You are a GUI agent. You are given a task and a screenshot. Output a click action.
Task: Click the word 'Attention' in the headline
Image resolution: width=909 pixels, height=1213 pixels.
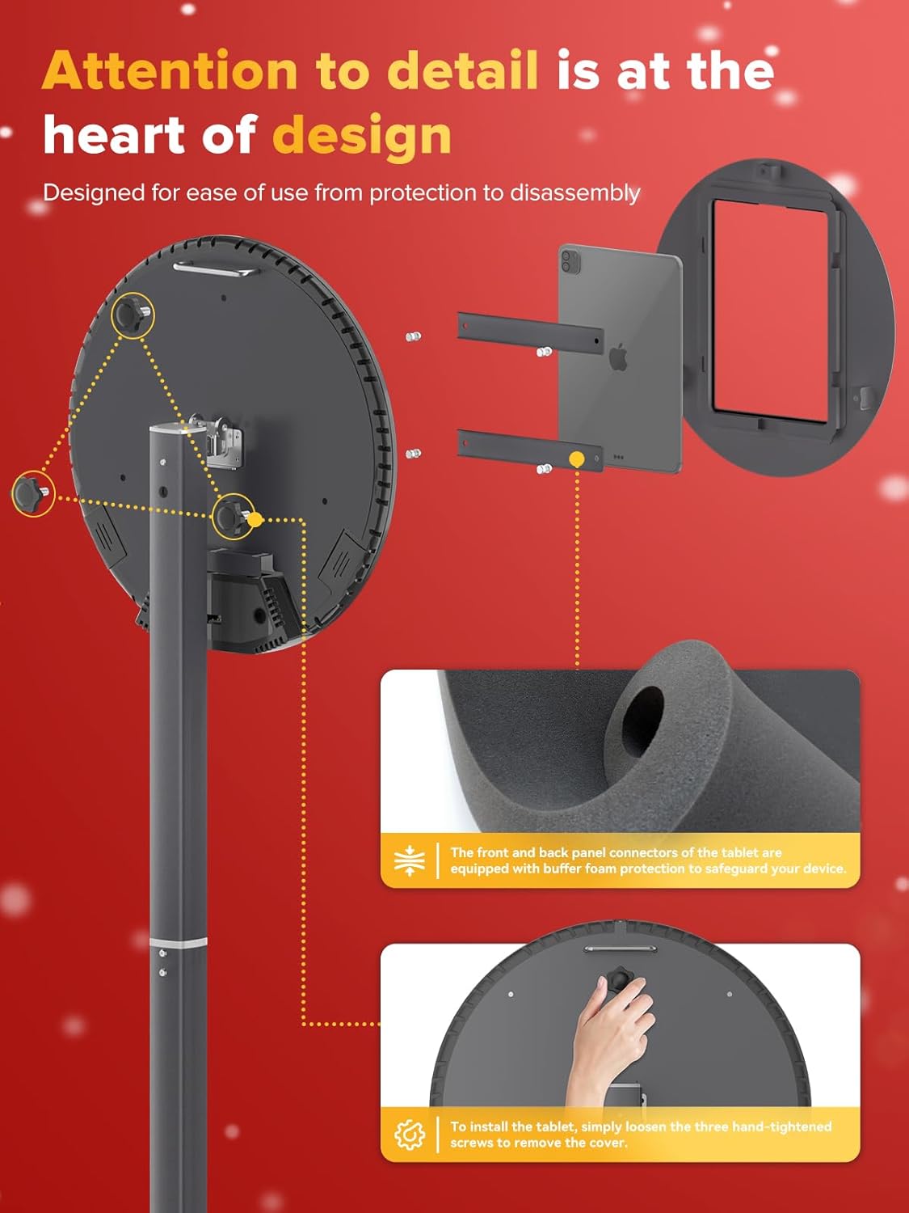(x=170, y=71)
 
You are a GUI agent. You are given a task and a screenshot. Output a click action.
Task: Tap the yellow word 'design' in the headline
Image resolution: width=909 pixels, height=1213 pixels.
(x=361, y=136)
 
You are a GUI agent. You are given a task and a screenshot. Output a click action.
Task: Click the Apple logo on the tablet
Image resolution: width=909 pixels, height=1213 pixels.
(x=619, y=357)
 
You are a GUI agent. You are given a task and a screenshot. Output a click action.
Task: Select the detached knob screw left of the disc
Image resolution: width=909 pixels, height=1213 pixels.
(x=32, y=492)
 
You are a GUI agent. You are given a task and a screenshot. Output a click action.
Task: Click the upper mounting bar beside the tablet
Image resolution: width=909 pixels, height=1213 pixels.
(x=530, y=331)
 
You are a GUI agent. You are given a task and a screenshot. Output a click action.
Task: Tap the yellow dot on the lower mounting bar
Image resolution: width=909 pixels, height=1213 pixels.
(x=577, y=459)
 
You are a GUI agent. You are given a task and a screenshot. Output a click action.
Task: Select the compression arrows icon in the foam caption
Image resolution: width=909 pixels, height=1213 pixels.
(x=410, y=860)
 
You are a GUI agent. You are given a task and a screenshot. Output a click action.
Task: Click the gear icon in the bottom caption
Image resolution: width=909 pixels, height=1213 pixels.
(x=410, y=1135)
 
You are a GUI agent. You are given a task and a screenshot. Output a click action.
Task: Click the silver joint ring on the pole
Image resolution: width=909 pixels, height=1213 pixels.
(x=179, y=942)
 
